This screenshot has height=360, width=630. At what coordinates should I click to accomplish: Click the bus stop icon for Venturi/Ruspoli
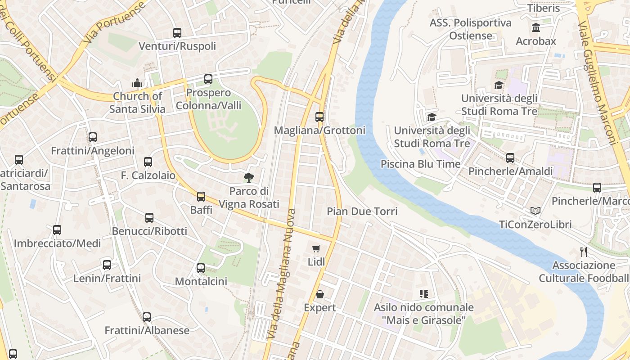coord(177,33)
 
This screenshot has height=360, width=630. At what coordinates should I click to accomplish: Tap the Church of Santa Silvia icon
coord(137,83)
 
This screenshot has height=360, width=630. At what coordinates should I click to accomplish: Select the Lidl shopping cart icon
coord(316,248)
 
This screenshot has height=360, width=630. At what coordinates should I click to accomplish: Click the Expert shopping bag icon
coord(319,294)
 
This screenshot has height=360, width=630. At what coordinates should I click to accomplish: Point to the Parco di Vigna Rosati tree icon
coord(248,178)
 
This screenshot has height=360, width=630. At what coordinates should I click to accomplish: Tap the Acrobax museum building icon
coord(536,28)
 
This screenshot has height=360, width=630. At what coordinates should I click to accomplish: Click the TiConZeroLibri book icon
coord(535,211)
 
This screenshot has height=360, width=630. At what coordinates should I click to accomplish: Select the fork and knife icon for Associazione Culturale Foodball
coord(584,252)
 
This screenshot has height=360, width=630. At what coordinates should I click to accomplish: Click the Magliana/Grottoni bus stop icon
coord(319,117)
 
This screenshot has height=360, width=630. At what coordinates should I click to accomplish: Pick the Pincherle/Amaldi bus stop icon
coord(510,158)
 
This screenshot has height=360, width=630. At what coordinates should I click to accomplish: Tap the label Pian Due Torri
coord(362,211)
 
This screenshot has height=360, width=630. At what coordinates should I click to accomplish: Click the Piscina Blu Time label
coord(420,164)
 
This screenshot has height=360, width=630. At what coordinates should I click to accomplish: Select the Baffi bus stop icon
coord(201,197)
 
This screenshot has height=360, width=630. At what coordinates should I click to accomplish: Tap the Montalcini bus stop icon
coord(201,268)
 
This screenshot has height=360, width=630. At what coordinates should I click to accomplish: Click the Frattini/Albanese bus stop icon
coord(147,317)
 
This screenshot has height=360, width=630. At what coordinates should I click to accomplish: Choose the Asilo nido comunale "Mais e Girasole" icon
coord(423,294)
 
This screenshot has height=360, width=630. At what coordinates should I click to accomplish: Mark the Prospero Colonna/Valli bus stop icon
coord(208,79)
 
